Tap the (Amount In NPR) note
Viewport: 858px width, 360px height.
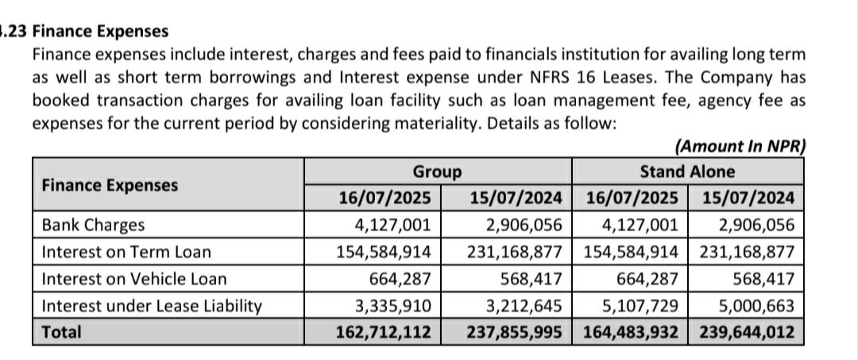tap(740, 146)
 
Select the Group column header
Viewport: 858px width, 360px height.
tap(437, 172)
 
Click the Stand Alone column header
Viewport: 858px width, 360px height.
tap(687, 172)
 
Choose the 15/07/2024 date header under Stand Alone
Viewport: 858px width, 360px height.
tap(748, 198)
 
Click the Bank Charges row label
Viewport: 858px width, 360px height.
tap(93, 225)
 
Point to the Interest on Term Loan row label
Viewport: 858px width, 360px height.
tap(126, 252)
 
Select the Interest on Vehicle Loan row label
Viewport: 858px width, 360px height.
tap(133, 279)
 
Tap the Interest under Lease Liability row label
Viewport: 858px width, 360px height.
tap(151, 305)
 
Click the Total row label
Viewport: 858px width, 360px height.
tap(61, 331)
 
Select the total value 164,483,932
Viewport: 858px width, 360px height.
tap(632, 331)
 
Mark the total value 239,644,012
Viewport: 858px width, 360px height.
tap(747, 331)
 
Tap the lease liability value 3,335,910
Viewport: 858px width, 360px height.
tap(393, 305)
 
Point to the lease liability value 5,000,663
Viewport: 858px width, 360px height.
tap(755, 305)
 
